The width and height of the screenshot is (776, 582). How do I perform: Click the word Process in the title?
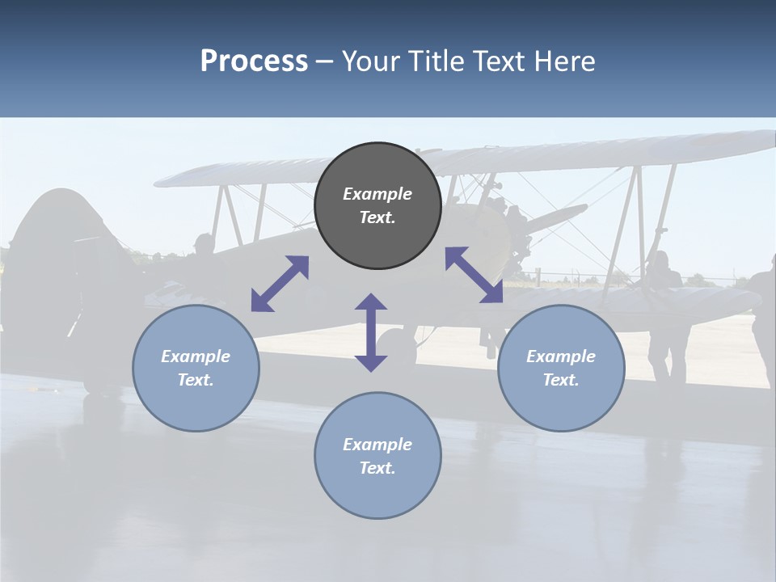pyautogui.click(x=254, y=61)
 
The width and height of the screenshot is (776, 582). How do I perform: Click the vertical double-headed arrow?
pyautogui.click(x=371, y=332)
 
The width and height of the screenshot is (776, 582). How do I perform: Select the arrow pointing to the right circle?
pyautogui.click(x=474, y=275)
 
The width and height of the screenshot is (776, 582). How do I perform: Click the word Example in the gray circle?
pyautogui.click(x=377, y=194)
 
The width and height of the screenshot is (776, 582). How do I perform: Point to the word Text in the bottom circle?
pyautogui.click(x=377, y=468)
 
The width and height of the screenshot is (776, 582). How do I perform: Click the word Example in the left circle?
pyautogui.click(x=196, y=356)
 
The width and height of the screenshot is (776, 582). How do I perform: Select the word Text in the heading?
pyautogui.click(x=497, y=61)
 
